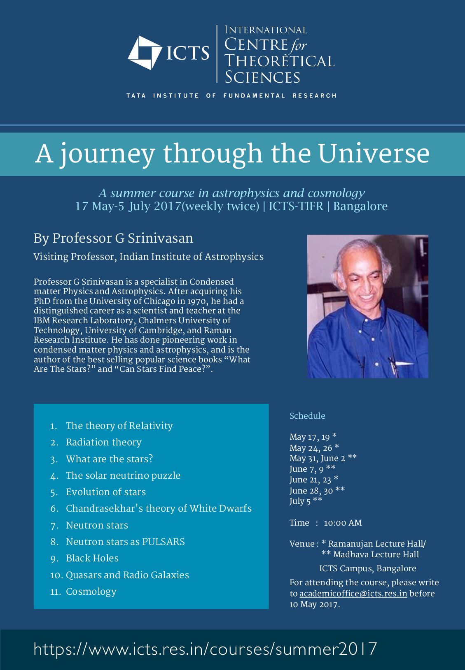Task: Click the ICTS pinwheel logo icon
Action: click(x=145, y=53)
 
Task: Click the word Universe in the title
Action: click(x=374, y=153)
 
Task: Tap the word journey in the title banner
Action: click(x=108, y=154)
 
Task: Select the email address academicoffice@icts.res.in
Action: click(x=353, y=593)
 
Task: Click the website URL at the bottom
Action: click(x=205, y=649)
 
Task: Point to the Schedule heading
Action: click(x=307, y=416)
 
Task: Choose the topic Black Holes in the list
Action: click(x=92, y=558)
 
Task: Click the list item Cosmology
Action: click(x=91, y=591)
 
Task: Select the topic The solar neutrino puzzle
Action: click(x=123, y=475)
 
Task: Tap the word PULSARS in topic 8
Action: click(x=163, y=542)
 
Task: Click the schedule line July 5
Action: click(x=306, y=501)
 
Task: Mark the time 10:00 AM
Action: click(x=343, y=523)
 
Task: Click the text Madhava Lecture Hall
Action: click(x=376, y=554)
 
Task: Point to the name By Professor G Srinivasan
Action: click(x=113, y=238)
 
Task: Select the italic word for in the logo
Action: click(x=299, y=45)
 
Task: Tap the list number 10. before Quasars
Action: click(x=56, y=575)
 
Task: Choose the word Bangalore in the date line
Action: click(x=360, y=206)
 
